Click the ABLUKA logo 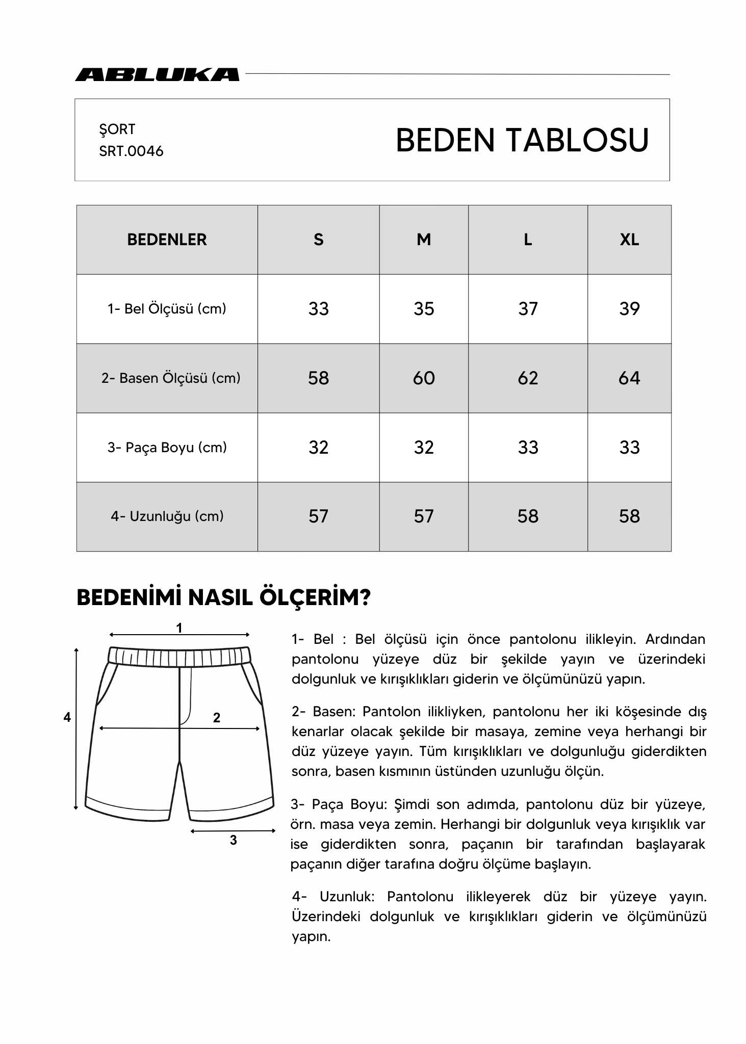157,74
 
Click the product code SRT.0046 131,151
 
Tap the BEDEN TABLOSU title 522,140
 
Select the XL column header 629,240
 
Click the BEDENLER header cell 167,240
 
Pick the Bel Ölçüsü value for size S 318,309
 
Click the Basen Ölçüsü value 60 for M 423,378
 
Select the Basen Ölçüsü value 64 629,378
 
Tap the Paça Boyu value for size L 528,448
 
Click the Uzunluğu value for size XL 629,516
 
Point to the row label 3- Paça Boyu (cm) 167,448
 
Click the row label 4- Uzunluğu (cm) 167,516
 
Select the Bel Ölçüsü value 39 629,309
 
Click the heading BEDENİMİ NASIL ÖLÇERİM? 223,598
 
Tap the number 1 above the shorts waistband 179,629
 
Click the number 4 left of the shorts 67,717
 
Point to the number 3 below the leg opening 233,840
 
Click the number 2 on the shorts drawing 216,718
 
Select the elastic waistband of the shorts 179,657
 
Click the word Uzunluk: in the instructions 347,897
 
